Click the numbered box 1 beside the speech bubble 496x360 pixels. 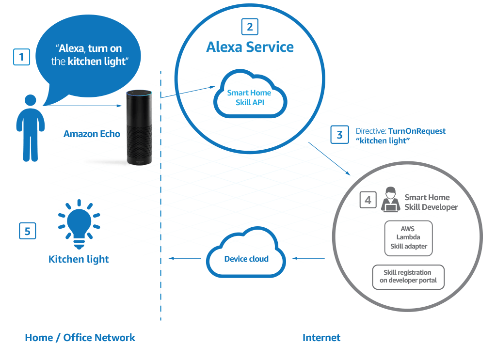coord(21,58)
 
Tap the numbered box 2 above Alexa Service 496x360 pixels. coord(250,27)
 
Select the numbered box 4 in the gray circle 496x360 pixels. coord(368,200)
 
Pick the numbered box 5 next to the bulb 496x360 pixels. coord(28,231)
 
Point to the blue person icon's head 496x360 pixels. coord(31,101)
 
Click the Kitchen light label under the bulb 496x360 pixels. coord(79,259)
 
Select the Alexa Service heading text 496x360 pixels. coord(250,47)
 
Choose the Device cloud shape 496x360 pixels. coord(246,258)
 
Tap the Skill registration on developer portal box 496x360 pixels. coord(408,277)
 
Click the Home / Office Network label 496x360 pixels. coord(80,338)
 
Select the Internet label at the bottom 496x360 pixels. coord(321,338)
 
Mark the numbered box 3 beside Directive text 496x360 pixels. coord(340,135)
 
